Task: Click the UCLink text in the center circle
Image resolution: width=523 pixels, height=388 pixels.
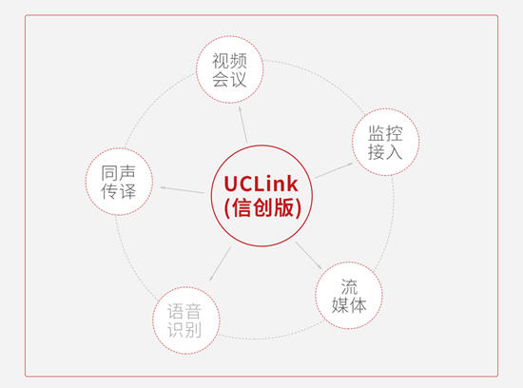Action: tap(261, 184)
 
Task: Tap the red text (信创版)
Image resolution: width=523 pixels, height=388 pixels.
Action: tap(262, 208)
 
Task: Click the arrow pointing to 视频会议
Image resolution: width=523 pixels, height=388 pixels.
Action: tap(243, 125)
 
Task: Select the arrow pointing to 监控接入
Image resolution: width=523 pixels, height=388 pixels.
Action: tap(334, 170)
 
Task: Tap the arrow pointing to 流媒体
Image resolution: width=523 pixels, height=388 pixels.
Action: tap(308, 255)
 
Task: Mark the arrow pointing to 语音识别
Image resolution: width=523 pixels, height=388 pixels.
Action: tap(221, 263)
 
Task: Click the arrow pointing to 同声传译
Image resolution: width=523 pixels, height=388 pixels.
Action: tap(183, 190)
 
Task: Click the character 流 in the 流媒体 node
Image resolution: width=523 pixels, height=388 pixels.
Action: tap(349, 286)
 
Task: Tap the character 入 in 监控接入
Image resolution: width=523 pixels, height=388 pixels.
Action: tap(395, 152)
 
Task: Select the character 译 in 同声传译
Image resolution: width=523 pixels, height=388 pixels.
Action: tap(127, 191)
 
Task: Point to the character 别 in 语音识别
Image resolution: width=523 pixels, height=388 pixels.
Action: tap(193, 330)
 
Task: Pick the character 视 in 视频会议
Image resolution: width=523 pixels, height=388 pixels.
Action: tap(221, 61)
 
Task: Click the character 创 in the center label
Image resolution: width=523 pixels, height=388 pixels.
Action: tap(262, 208)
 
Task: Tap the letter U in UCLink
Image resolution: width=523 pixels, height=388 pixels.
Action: tap(231, 184)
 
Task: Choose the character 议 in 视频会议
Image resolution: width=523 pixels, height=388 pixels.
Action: tap(238, 79)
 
